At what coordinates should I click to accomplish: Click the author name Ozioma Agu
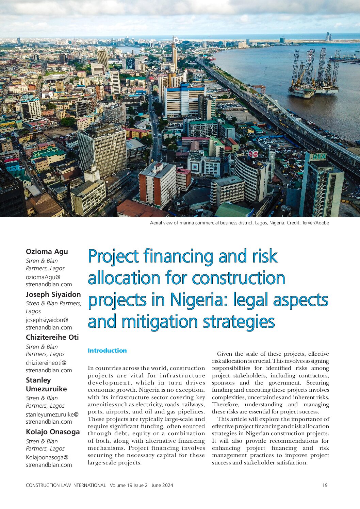[x=47, y=252]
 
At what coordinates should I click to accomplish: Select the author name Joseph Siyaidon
[x=53, y=294]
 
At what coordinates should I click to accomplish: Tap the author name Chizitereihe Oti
[x=52, y=337]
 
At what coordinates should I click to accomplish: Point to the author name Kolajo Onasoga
[x=53, y=432]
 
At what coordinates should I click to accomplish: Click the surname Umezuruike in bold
[x=46, y=389]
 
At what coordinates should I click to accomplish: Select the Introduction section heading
[x=107, y=351]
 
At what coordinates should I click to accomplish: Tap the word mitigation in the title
[x=160, y=322]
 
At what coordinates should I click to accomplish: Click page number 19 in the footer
[x=325, y=485]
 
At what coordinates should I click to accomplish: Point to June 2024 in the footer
[x=162, y=485]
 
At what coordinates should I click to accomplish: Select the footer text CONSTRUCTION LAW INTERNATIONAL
[x=66, y=485]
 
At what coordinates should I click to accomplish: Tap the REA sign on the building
[x=319, y=157]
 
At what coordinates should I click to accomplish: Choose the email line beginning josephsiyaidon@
[x=47, y=320]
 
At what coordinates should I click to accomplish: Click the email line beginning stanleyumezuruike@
[x=52, y=414]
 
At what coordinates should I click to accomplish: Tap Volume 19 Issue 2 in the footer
[x=129, y=485]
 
